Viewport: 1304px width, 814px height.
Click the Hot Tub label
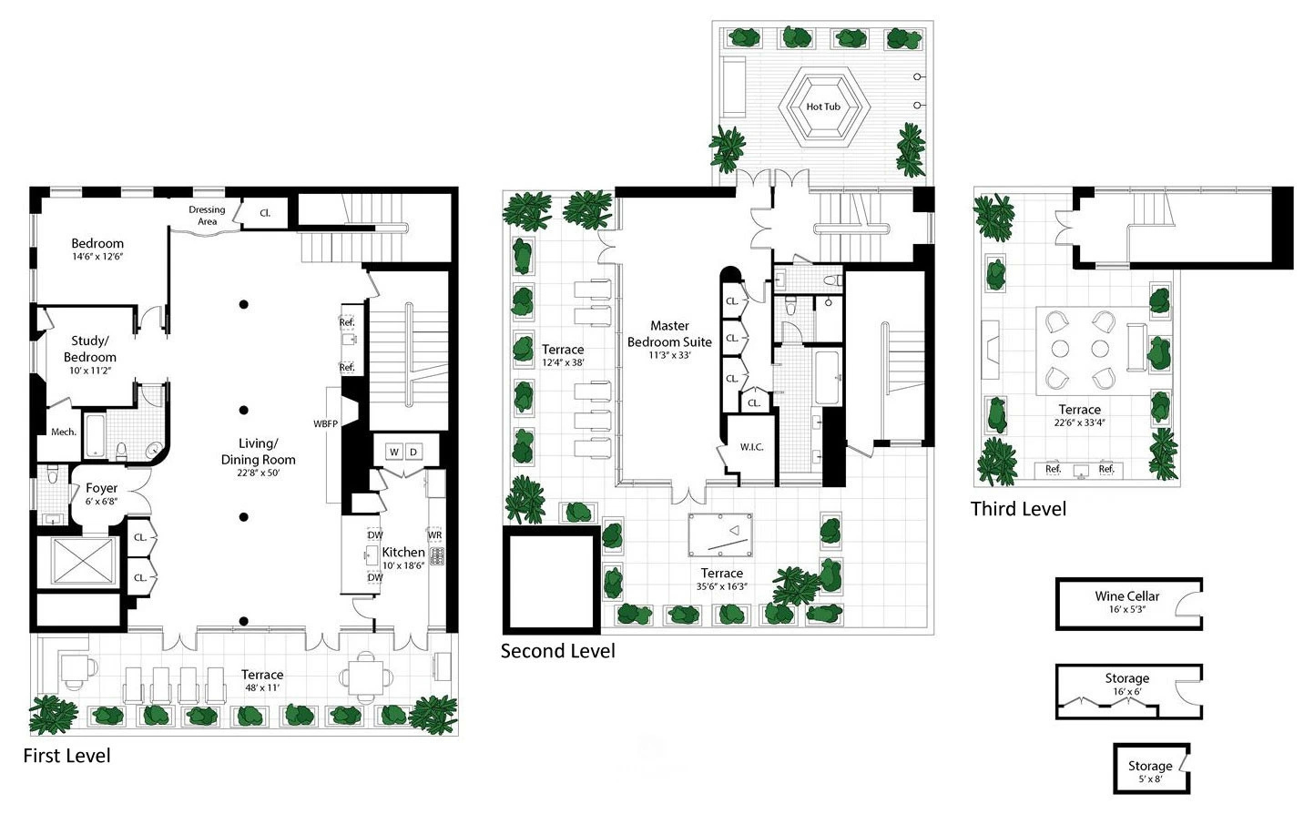823,107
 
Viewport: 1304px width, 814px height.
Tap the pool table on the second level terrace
720,535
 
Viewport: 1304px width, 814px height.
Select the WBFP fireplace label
325,424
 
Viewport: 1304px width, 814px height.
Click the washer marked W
394,452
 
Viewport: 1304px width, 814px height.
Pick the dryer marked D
413,452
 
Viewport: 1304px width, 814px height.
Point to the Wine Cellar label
1127,596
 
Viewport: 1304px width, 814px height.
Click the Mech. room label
64,432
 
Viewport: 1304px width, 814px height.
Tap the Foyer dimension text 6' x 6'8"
101,502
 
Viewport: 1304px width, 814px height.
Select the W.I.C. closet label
751,447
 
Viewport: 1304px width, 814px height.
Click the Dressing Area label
207,215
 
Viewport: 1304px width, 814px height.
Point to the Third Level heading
1018,509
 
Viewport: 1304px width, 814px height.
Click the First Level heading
67,756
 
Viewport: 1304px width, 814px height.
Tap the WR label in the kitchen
435,535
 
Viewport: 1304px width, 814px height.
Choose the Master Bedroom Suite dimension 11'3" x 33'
669,355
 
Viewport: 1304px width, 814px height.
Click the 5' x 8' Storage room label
1150,771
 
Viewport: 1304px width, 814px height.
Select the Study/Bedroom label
90,349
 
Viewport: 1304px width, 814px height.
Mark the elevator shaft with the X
82,561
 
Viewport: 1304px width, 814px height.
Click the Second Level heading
557,651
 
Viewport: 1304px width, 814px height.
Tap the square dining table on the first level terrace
366,677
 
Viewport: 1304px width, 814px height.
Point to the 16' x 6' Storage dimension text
1127,692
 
